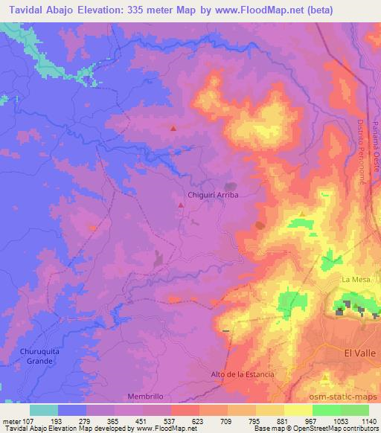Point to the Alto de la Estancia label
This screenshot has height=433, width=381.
(242, 373)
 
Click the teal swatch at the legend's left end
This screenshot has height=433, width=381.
(43, 409)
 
